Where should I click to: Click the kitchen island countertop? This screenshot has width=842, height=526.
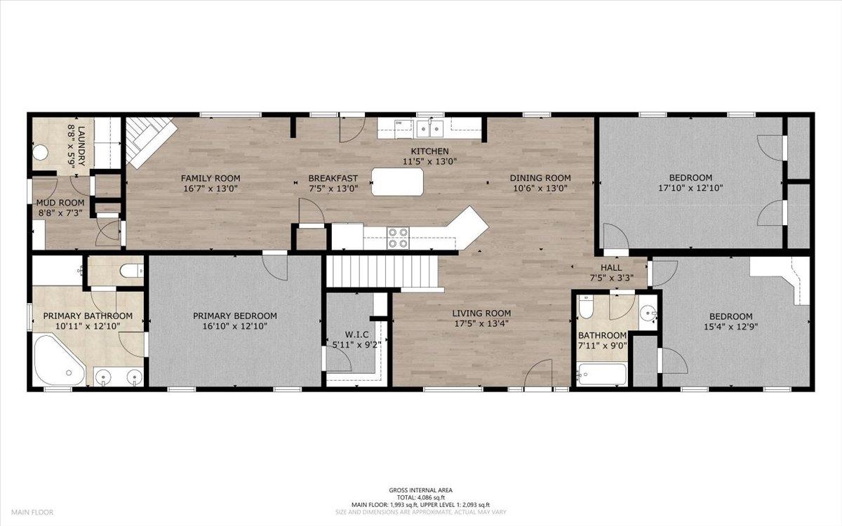tap(397, 182)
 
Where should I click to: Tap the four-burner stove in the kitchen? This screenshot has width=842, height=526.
tap(399, 238)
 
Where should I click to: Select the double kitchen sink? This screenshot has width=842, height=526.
tap(430, 130)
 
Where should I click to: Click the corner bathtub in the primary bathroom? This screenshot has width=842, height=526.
tap(60, 360)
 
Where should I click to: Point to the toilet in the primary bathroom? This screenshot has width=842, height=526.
tap(132, 271)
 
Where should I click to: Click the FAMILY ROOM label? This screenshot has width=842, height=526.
tap(210, 178)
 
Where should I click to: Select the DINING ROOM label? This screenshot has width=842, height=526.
tap(540, 178)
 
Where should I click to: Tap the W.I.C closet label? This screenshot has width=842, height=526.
tap(356, 335)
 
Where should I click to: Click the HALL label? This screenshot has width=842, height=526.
tap(611, 268)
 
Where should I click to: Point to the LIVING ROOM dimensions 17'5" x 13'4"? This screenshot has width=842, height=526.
tap(481, 323)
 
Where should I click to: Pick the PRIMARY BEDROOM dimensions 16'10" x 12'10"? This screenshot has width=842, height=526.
tap(235, 326)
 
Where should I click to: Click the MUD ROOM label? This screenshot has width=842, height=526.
tap(60, 203)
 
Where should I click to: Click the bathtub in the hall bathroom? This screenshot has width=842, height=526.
tap(601, 374)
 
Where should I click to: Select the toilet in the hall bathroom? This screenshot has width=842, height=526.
tap(585, 306)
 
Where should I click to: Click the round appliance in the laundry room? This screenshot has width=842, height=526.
tap(40, 153)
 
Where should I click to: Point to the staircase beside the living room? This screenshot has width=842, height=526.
tap(382, 271)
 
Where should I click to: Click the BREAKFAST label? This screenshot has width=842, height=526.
tap(333, 178)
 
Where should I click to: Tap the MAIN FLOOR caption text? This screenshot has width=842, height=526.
tap(32, 512)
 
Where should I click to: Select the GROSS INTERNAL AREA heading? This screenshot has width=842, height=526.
tap(420, 490)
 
